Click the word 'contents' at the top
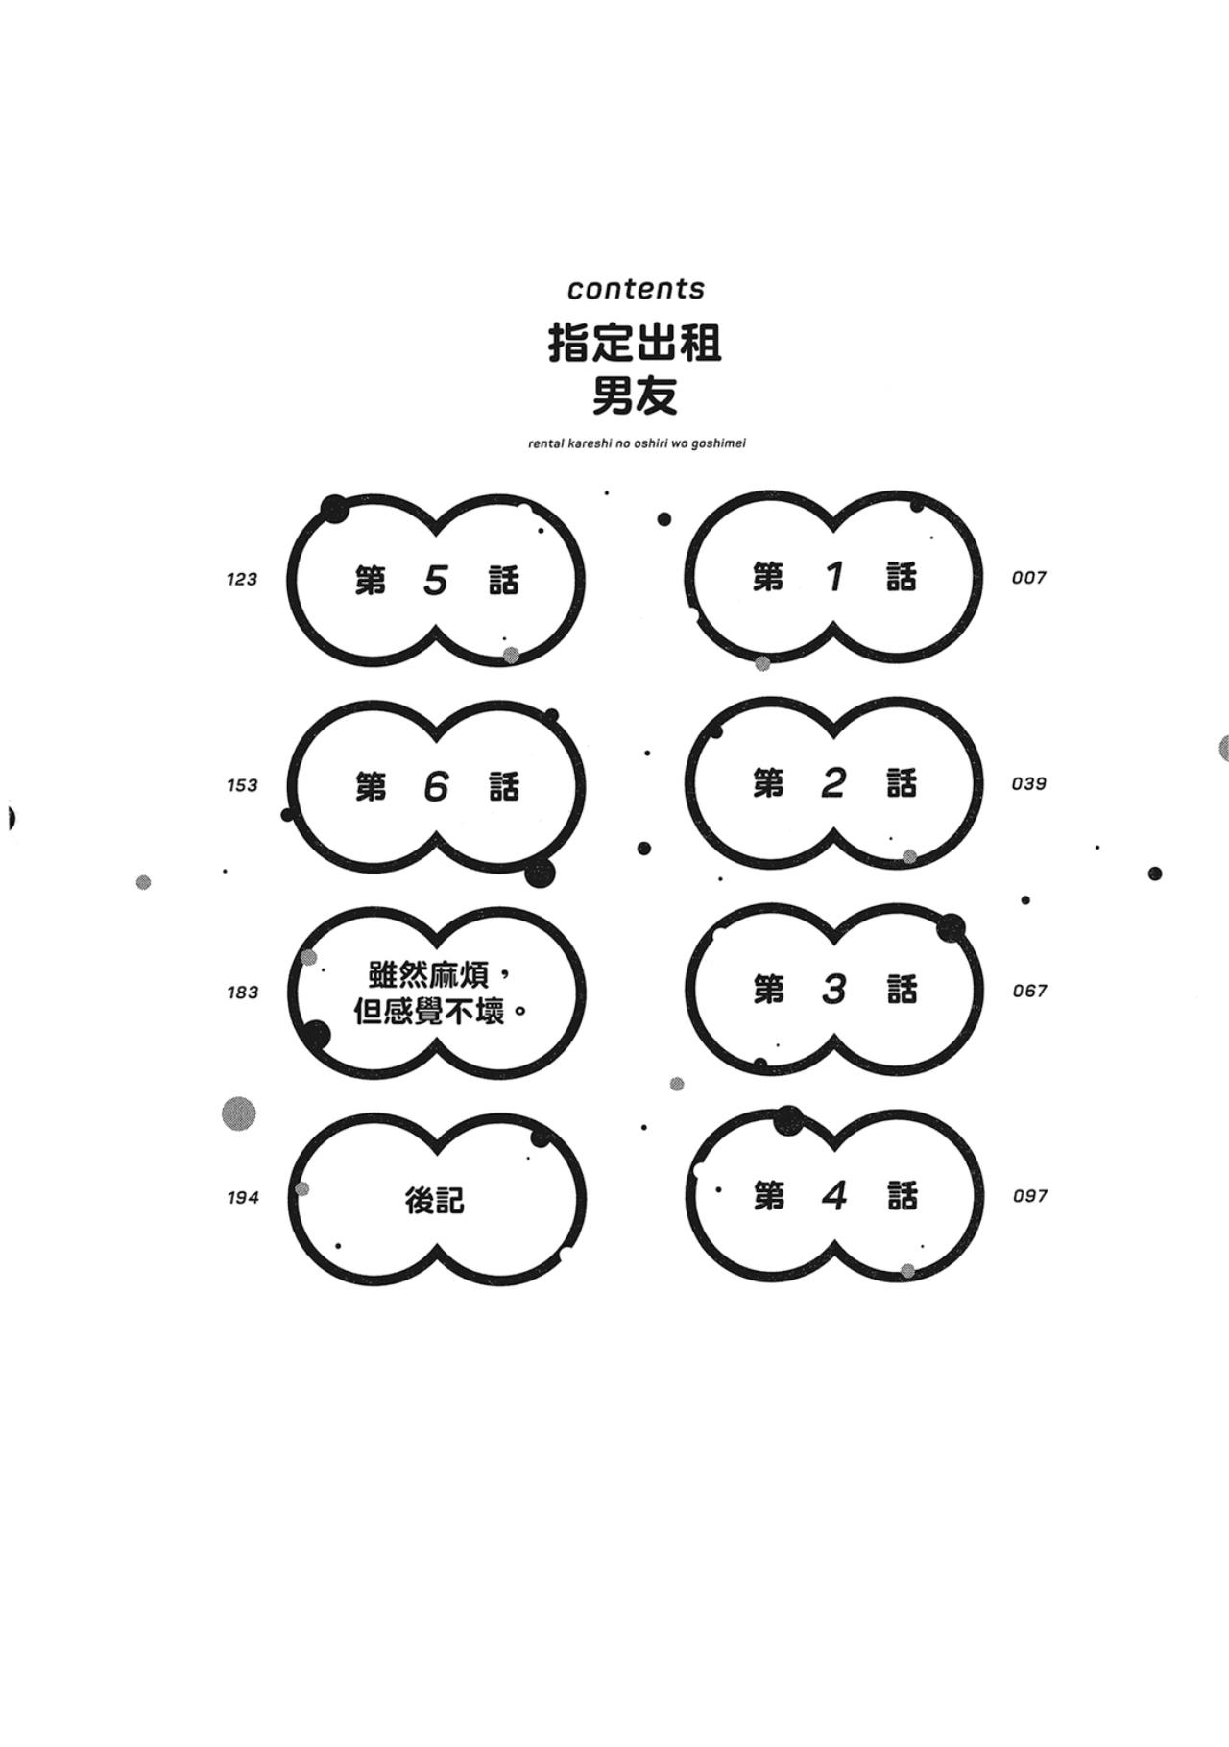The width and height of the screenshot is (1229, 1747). (x=636, y=288)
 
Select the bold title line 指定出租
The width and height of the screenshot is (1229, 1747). (x=635, y=343)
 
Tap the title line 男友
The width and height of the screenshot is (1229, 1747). (x=635, y=395)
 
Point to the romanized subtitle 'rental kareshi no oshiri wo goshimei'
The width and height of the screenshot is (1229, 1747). (x=637, y=443)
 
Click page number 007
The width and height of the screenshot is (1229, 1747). (x=1028, y=578)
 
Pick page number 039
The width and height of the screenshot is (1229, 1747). (x=1028, y=784)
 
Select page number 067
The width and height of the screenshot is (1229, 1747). (x=1029, y=991)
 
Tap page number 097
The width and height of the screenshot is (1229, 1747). (x=1029, y=1196)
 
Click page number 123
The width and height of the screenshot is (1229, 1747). (x=242, y=579)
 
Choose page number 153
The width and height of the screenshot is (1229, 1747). (x=242, y=785)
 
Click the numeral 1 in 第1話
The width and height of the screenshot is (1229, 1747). (x=834, y=577)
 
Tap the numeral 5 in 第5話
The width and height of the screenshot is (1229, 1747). (x=436, y=580)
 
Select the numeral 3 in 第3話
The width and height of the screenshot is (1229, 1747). (x=834, y=990)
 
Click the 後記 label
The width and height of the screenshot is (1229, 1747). (x=435, y=1200)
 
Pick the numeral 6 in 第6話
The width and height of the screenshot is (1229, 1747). (x=436, y=787)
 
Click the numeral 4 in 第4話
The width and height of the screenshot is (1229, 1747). (x=834, y=1196)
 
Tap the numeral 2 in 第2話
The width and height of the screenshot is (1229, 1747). (x=833, y=783)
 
